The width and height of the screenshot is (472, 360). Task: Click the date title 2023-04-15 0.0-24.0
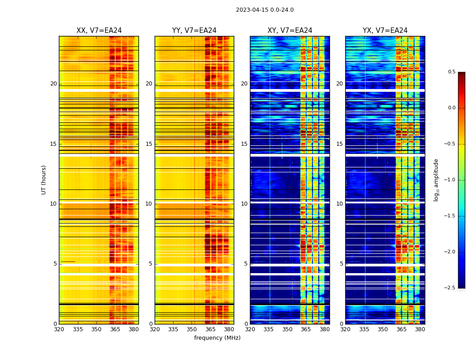coord(265,10)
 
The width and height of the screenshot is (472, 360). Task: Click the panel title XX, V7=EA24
coord(99,31)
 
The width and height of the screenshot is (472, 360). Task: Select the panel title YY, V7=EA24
coord(194,31)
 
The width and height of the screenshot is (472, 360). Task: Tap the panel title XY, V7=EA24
coord(290,31)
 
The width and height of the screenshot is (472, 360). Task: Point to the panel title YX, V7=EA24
coord(385,31)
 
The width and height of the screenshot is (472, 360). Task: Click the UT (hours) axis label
coord(44,180)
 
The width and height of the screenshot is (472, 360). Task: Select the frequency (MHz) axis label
coord(217,338)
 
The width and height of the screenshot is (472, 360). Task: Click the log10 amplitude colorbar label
coord(436,180)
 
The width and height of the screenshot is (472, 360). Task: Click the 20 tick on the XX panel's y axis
coord(53,84)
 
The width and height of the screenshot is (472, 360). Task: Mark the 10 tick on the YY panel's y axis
coord(149,204)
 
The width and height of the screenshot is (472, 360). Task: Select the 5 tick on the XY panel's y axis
coord(245,264)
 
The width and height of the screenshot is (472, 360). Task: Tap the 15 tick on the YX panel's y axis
coord(340,144)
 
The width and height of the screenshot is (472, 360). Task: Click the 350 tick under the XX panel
coord(97,329)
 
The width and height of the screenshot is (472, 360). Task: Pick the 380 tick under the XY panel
coord(325,329)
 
